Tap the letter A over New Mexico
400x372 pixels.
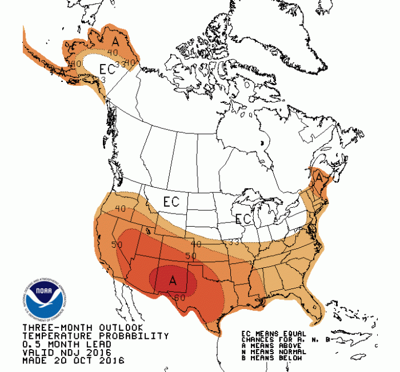[173, 280]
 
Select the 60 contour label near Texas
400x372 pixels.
[179, 296]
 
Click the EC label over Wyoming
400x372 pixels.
[171, 202]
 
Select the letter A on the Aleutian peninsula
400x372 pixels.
[61, 71]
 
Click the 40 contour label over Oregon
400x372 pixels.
[121, 209]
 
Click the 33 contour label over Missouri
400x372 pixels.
[233, 243]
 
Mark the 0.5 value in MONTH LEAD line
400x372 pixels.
[30, 345]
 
